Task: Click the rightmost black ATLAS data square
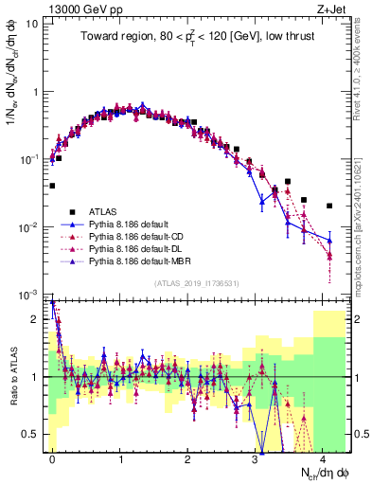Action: point(329,206)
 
